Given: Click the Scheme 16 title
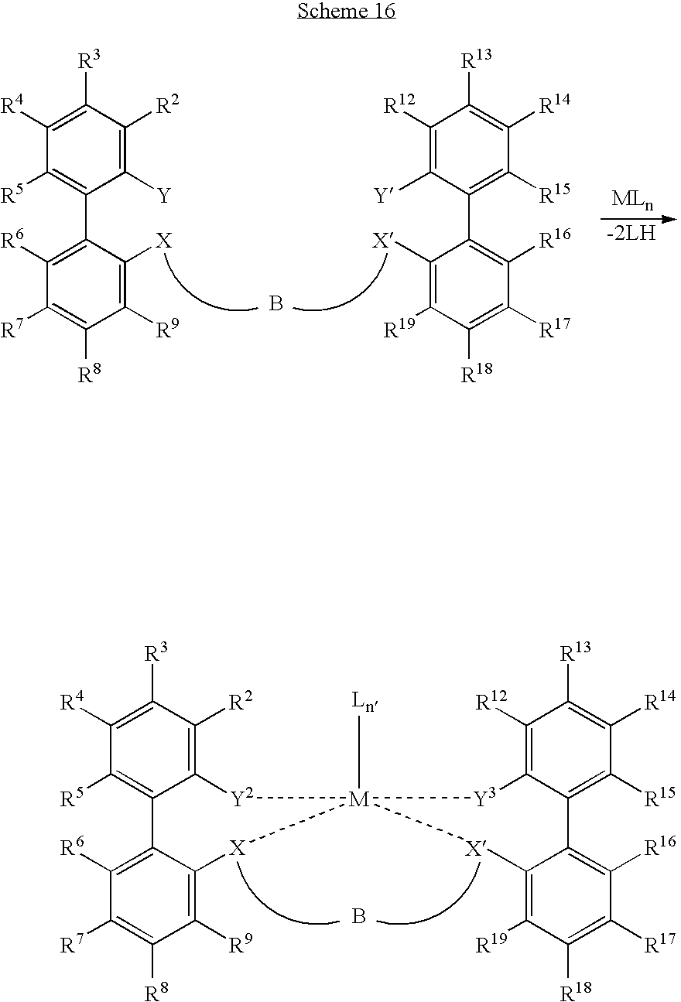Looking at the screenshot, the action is pos(347,10).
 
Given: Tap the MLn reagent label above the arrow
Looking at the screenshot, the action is pos(633,200).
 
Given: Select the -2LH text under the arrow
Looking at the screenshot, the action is pos(631,233).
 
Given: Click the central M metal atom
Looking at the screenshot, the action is pos(359,799).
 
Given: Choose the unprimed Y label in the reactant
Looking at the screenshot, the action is pos(164,196).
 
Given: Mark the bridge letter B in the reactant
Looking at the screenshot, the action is pos(276,304).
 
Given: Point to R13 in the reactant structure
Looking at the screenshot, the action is pos(476,60).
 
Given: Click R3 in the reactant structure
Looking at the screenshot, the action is pos(90,60).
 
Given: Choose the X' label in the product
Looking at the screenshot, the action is pos(476,848).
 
